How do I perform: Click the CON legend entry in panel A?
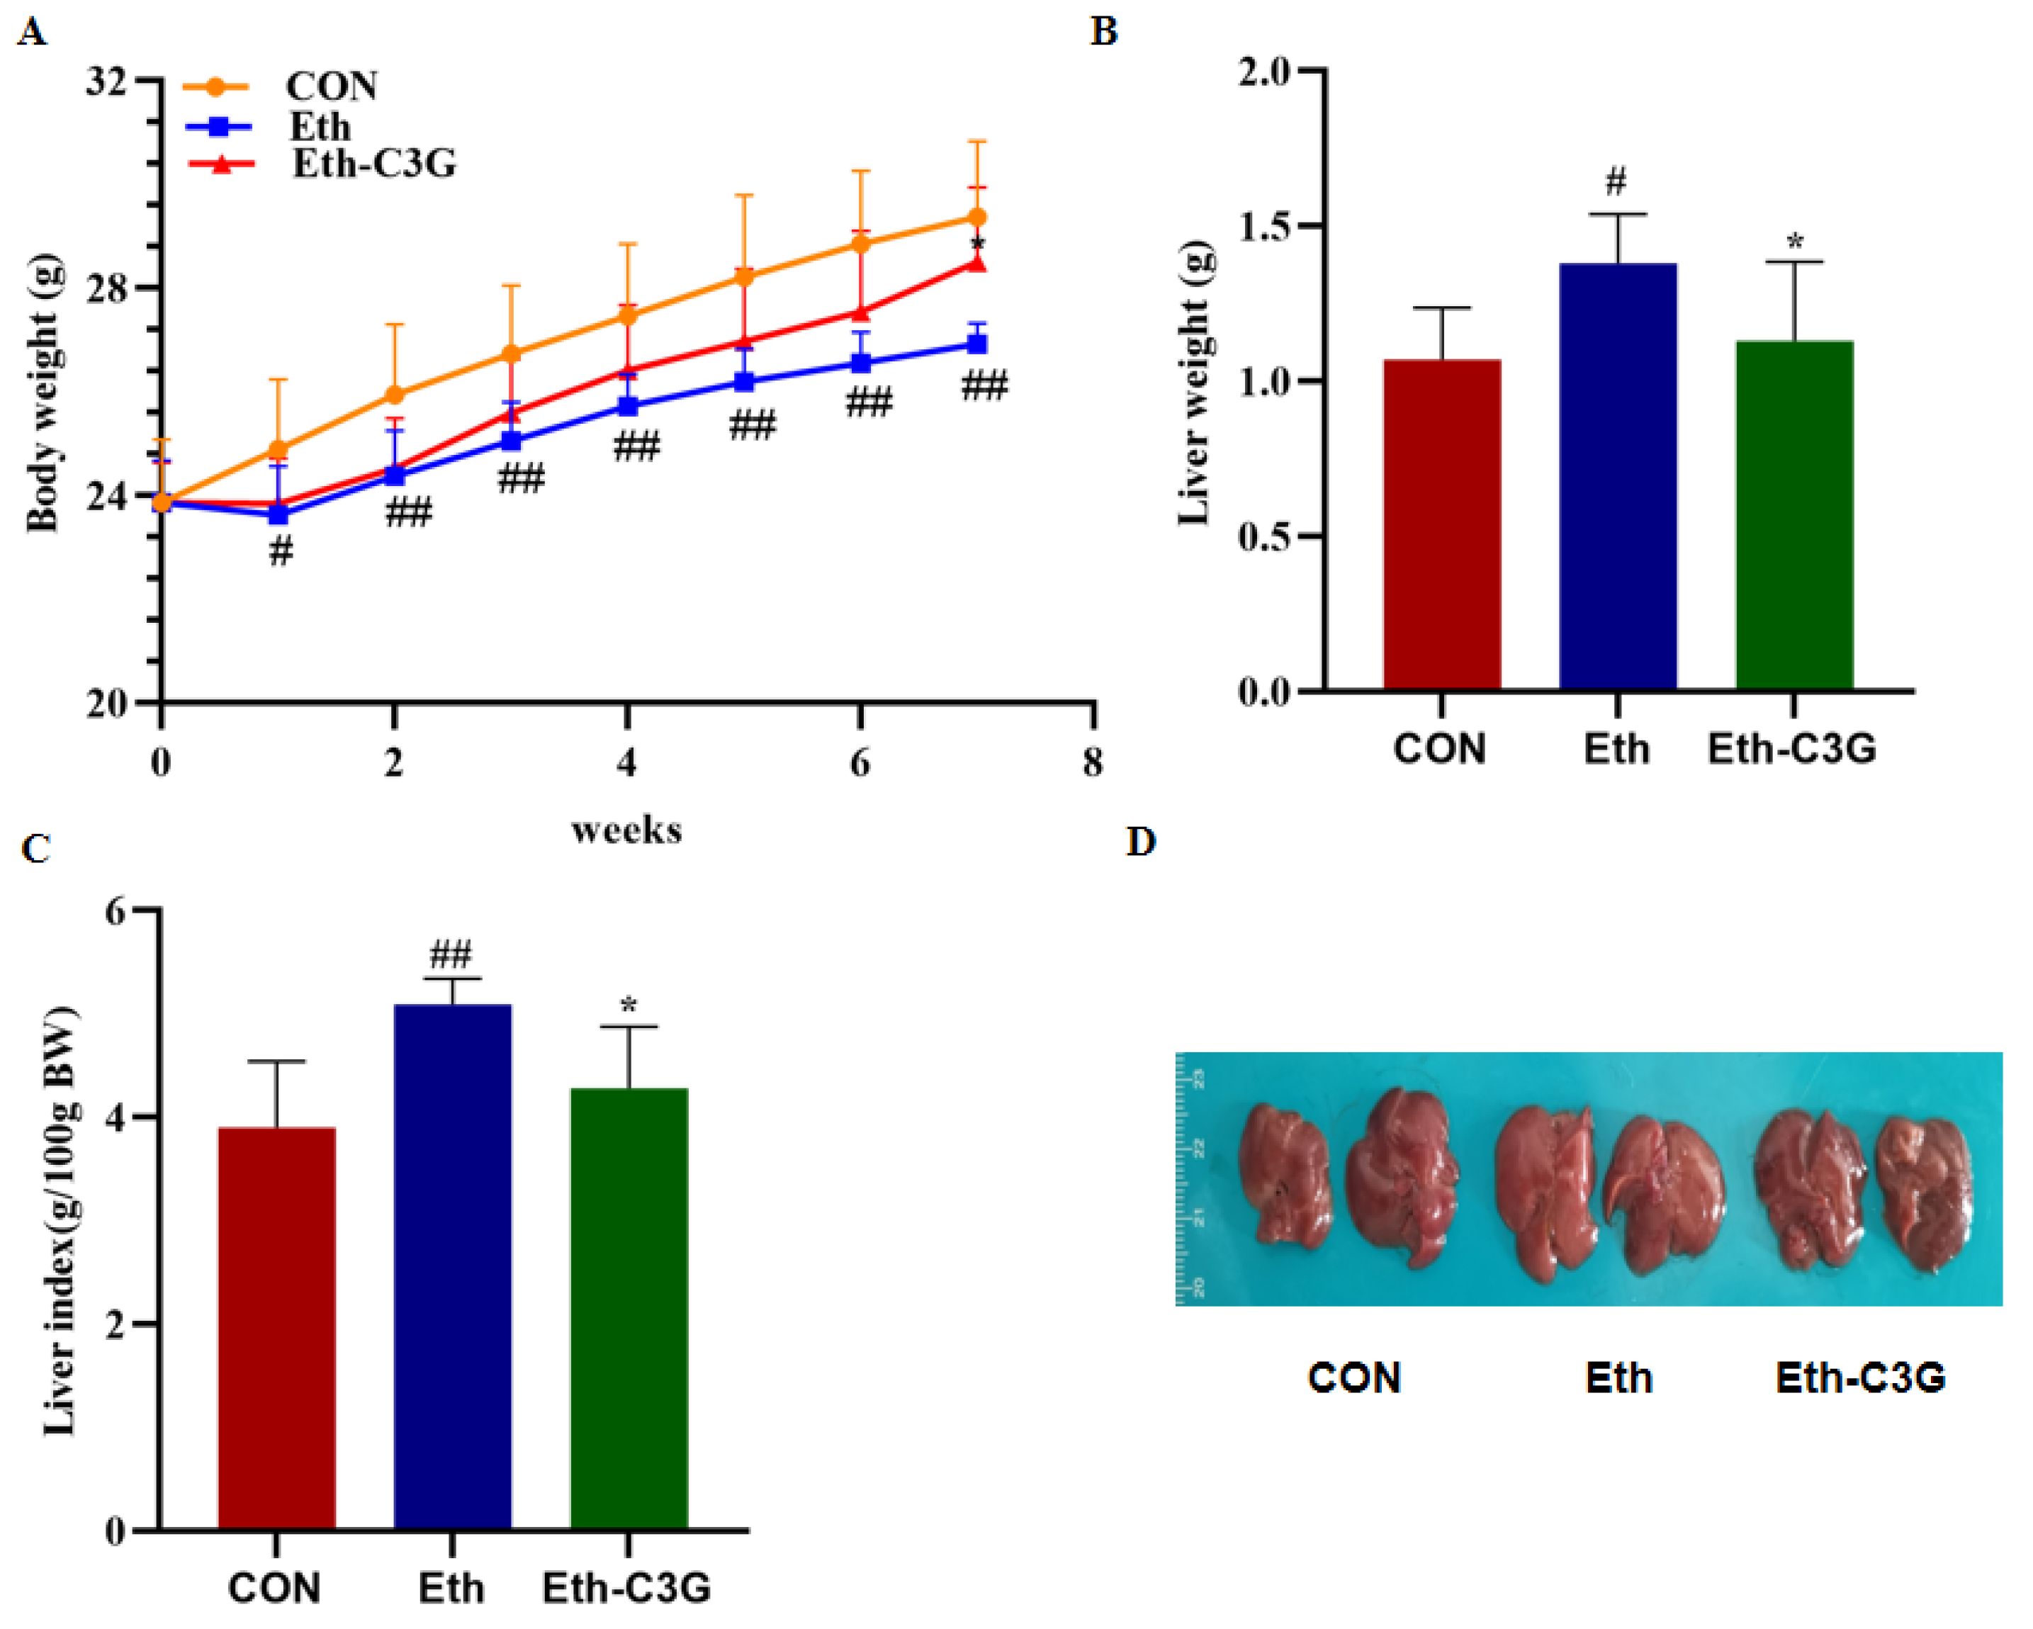click(331, 86)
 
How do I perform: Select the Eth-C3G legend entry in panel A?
click(373, 164)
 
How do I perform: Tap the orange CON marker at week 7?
click(978, 218)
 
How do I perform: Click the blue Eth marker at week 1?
click(278, 514)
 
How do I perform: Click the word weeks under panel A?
click(626, 830)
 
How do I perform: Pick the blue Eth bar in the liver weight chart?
click(1617, 476)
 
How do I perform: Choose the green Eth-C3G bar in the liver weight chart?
click(1793, 514)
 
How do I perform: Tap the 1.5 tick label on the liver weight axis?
click(1263, 226)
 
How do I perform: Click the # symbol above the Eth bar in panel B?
click(1616, 181)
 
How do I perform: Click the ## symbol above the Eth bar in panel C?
click(451, 955)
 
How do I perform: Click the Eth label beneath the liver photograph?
click(1618, 1379)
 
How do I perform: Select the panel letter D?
click(1140, 841)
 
